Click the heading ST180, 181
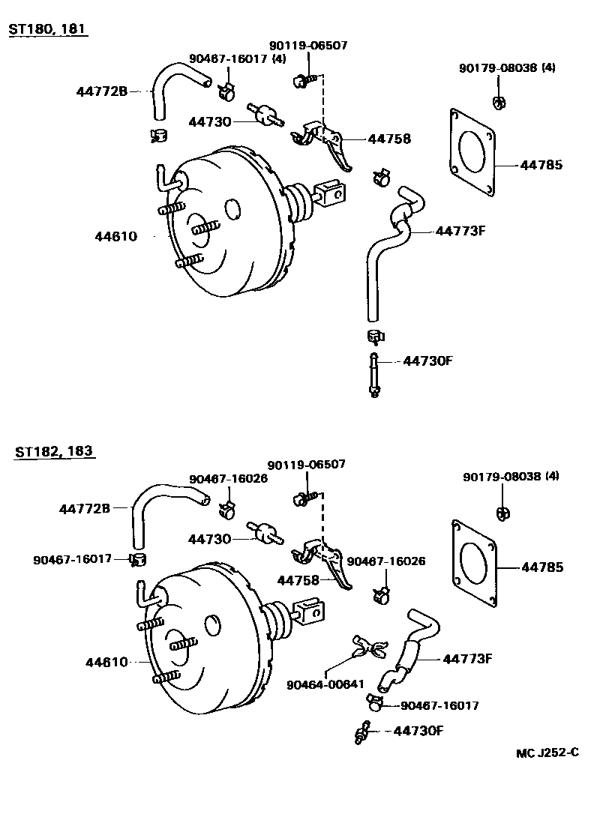pyautogui.click(x=46, y=28)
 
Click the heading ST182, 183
pyautogui.click(x=54, y=450)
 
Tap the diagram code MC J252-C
pyautogui.click(x=547, y=753)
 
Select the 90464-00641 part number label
pyautogui.click(x=325, y=684)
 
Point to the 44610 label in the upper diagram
pyautogui.click(x=115, y=237)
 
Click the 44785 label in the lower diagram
pyautogui.click(x=542, y=567)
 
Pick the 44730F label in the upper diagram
pyautogui.click(x=428, y=361)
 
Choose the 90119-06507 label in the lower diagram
pyautogui.click(x=307, y=464)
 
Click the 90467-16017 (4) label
pyautogui.click(x=238, y=58)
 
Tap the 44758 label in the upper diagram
pyautogui.click(x=389, y=139)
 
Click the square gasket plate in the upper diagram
pyautogui.click(x=472, y=152)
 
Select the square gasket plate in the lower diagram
pyautogui.click(x=474, y=563)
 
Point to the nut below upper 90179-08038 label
pyautogui.click(x=498, y=103)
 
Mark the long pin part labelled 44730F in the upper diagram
pyautogui.click(x=373, y=375)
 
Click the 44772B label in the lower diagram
pyautogui.click(x=85, y=508)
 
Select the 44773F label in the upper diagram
pyautogui.click(x=460, y=230)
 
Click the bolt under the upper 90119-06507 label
pyautogui.click(x=304, y=81)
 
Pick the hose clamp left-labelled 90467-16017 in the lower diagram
pyautogui.click(x=138, y=560)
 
